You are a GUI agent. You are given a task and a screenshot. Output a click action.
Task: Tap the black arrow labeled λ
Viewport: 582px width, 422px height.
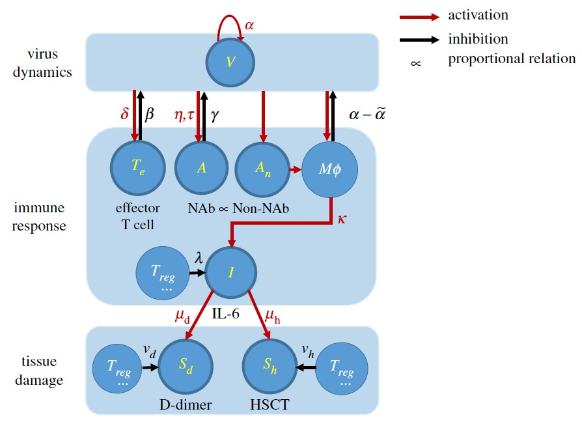pyautogui.click(x=197, y=273)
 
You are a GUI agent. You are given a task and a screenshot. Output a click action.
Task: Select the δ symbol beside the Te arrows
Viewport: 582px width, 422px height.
pyautogui.click(x=125, y=115)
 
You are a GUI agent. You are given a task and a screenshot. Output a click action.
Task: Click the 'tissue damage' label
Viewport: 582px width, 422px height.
pyautogui.click(x=41, y=371)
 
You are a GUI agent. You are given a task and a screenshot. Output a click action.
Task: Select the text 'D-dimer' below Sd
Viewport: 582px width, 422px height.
pyautogui.click(x=186, y=404)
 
